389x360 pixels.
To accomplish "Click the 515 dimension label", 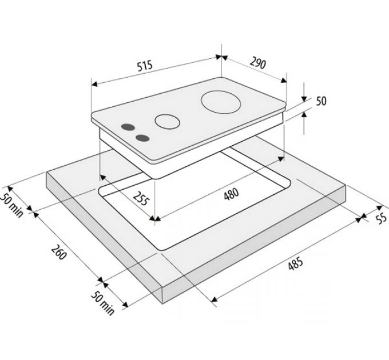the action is coord(145,66).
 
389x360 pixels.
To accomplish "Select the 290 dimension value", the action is coord(258,62).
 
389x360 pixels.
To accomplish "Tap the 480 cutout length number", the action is coord(231,194).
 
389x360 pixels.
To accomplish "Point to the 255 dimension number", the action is coord(141,198).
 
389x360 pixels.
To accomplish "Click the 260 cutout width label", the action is coord(59,252).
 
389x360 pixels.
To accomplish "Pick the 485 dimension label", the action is coord(296,263).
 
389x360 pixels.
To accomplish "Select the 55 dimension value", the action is coord(382,218).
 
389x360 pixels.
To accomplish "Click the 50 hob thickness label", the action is coord(321,101).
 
